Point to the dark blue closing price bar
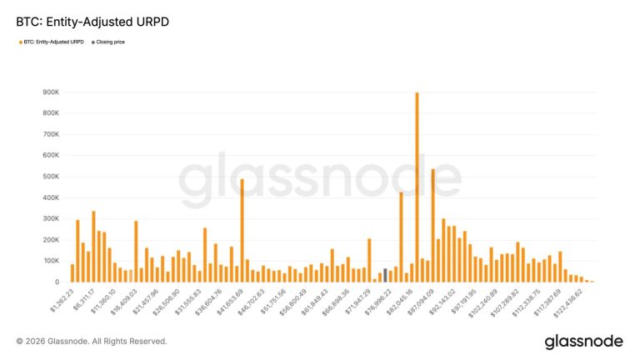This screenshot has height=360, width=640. click(x=385, y=276)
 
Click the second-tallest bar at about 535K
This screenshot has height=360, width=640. click(x=433, y=226)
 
